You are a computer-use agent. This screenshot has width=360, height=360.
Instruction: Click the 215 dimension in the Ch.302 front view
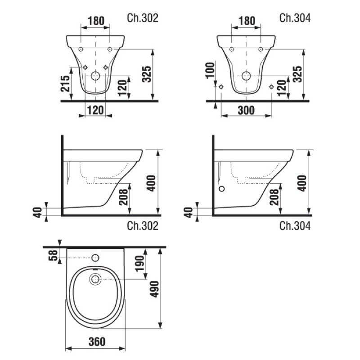(x=65, y=84)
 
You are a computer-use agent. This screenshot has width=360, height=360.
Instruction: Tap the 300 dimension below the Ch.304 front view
(x=246, y=110)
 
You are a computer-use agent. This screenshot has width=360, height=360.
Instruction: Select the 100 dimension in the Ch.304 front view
(x=210, y=71)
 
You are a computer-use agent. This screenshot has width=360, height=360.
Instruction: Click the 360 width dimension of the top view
(x=97, y=342)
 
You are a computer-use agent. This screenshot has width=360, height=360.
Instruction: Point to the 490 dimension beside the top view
(x=154, y=289)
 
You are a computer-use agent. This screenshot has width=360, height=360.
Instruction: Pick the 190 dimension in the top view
(x=140, y=264)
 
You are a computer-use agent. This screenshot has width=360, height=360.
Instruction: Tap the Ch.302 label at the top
(x=143, y=18)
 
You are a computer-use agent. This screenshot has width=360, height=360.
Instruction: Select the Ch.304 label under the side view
(x=295, y=226)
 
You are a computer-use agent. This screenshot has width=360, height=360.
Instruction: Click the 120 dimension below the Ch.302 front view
(x=95, y=110)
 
